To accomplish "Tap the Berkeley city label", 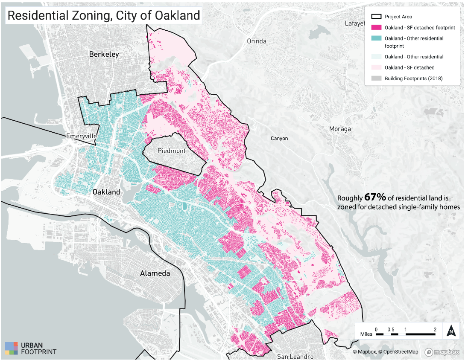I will pyautogui.click(x=104, y=54).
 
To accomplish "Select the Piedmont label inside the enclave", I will pyautogui.click(x=172, y=151).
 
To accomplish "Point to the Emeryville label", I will pyautogui.click(x=82, y=136).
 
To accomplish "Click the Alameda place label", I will pyautogui.click(x=155, y=273).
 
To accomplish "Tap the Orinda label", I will pyautogui.click(x=257, y=41).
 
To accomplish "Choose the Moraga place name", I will pyautogui.click(x=340, y=129).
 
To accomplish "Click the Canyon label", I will pyautogui.click(x=279, y=139).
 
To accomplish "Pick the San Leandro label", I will pyautogui.click(x=295, y=356).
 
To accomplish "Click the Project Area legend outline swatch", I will pyautogui.click(x=376, y=17).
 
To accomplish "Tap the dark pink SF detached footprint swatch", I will pyautogui.click(x=376, y=27).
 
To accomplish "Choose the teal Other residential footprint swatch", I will pyautogui.click(x=376, y=38).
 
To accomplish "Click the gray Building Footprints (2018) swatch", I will pyautogui.click(x=376, y=78).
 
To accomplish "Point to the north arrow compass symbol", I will pyautogui.click(x=451, y=331).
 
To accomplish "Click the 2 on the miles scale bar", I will pyautogui.click(x=435, y=329).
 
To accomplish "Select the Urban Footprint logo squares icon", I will pyautogui.click(x=12, y=348).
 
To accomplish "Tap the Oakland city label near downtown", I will pyautogui.click(x=106, y=192).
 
